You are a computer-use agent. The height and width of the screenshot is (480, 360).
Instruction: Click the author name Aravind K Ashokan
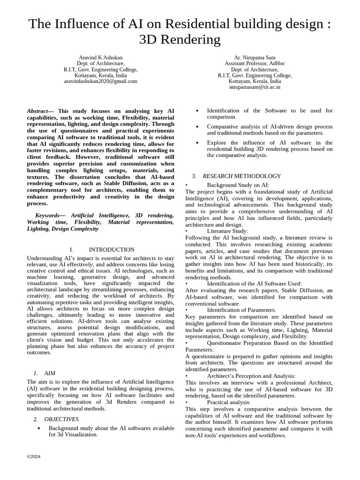point(101,58)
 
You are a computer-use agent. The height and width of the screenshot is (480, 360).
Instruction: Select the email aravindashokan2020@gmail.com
point(101,81)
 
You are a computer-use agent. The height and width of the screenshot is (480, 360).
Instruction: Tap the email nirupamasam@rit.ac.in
point(255,87)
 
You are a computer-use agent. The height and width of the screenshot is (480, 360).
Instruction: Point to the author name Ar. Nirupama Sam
point(255,58)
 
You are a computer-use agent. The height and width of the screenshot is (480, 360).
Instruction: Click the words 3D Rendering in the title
point(180,40)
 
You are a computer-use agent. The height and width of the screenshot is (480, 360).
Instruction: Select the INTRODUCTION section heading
point(112,250)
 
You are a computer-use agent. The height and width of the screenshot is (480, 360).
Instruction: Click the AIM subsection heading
point(50,373)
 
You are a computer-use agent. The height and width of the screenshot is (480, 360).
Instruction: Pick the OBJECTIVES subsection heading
point(61,419)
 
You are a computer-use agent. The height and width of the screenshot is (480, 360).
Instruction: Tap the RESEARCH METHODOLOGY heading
point(242,176)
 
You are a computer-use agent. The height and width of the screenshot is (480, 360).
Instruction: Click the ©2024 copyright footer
point(34,457)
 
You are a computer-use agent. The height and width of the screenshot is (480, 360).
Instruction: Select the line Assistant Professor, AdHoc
point(255,64)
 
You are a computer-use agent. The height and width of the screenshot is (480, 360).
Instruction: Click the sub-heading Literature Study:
point(227,231)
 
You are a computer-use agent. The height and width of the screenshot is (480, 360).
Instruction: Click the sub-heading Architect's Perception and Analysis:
point(251,376)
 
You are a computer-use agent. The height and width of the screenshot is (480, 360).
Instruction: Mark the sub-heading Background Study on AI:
point(238,185)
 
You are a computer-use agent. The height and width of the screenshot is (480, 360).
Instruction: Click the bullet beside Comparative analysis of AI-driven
point(197,127)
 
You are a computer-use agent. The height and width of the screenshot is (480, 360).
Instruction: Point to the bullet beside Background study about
point(39,428)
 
